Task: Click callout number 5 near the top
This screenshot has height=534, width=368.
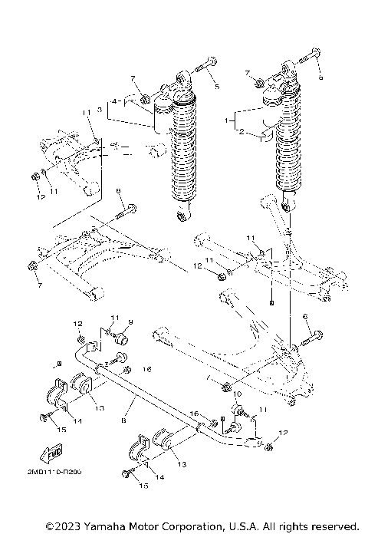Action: click(x=216, y=87)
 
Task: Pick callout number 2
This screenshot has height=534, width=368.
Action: click(x=242, y=132)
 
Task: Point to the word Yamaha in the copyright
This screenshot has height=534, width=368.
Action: click(x=109, y=526)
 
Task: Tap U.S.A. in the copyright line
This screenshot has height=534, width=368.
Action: click(x=242, y=526)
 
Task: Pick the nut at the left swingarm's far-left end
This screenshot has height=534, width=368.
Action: click(x=33, y=266)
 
